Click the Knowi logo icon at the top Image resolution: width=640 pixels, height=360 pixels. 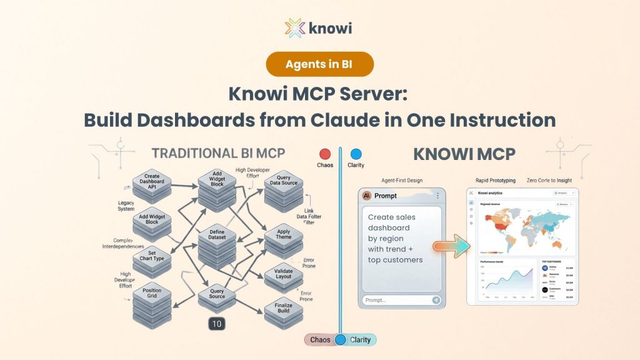point(295,28)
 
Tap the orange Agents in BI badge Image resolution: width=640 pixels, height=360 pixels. point(319,64)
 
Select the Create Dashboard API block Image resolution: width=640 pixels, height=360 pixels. point(152,181)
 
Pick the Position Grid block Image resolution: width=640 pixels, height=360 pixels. point(152,294)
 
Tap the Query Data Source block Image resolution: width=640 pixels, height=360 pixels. point(283,181)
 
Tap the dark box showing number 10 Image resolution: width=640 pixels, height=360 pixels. point(216,324)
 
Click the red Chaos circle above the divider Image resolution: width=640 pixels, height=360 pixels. point(325,154)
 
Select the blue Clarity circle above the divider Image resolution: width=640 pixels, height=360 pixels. point(356,154)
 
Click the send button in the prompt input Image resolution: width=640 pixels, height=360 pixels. point(436,300)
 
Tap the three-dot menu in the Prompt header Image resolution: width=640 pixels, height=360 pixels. point(437,196)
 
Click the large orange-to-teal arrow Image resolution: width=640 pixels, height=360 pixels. point(451,246)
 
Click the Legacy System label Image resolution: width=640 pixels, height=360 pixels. point(126,206)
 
